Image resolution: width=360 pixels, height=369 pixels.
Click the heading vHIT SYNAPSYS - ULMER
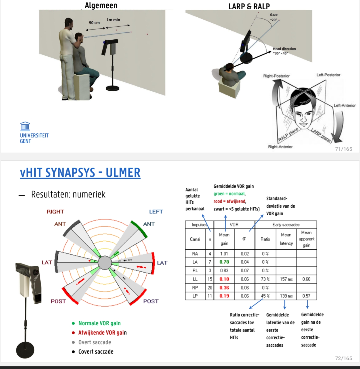tap(80, 172)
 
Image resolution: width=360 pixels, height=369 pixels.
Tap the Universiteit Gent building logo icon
tap(25, 126)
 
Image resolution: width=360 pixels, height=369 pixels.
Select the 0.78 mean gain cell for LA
tap(224, 262)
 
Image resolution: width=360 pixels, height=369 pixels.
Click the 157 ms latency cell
tap(286, 279)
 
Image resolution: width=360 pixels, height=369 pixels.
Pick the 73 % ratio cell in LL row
tap(265, 279)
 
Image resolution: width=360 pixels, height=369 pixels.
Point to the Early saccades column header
tap(286, 225)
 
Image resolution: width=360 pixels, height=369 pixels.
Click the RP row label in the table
tap(195, 288)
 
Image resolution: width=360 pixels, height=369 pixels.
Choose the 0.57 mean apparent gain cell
tap(306, 296)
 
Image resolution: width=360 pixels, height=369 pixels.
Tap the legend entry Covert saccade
tap(96, 352)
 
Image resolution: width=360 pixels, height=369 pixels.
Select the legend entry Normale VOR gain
tap(99, 323)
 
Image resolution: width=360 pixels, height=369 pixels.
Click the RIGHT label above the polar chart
tap(55, 212)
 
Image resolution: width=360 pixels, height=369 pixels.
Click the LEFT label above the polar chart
tap(156, 212)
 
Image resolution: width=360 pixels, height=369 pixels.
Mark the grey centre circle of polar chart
tap(105, 263)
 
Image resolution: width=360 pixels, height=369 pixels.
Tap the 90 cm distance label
tap(94, 23)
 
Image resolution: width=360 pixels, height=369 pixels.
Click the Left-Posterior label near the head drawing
tap(328, 75)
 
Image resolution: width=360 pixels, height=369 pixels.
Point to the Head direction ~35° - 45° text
tap(284, 51)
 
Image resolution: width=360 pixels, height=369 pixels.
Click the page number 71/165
tap(344, 149)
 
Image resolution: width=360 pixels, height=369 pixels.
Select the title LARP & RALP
tap(249, 6)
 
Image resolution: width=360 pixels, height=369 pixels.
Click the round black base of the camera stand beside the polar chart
tap(25, 350)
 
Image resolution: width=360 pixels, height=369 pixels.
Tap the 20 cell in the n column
tap(210, 288)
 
